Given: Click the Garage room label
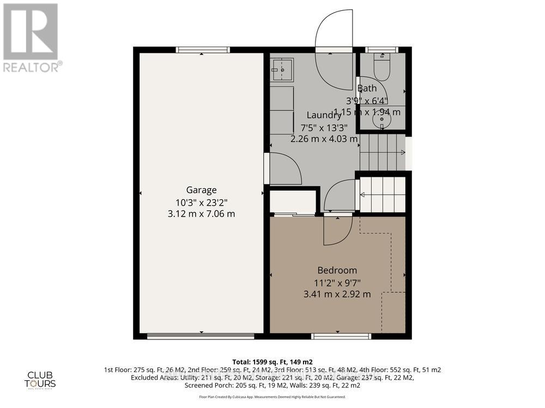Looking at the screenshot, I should [201, 190].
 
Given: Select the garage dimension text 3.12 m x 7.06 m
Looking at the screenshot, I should [201, 214].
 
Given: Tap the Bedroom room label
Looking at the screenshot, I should [337, 270].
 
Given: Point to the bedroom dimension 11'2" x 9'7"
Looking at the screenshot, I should [337, 282].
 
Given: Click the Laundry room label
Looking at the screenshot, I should [324, 115].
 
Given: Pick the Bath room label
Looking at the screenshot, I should [367, 88].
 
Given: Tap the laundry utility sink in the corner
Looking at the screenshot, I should [282, 69].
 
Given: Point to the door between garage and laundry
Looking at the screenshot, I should [283, 169].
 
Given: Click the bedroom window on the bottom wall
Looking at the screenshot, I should [341, 336].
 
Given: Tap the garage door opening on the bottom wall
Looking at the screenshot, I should [201, 336].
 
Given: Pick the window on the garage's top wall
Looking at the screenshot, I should [203, 50].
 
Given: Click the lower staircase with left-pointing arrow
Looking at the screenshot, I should [383, 194].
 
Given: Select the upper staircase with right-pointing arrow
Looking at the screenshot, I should [383, 153].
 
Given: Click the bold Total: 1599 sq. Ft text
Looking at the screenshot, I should [272, 361].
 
